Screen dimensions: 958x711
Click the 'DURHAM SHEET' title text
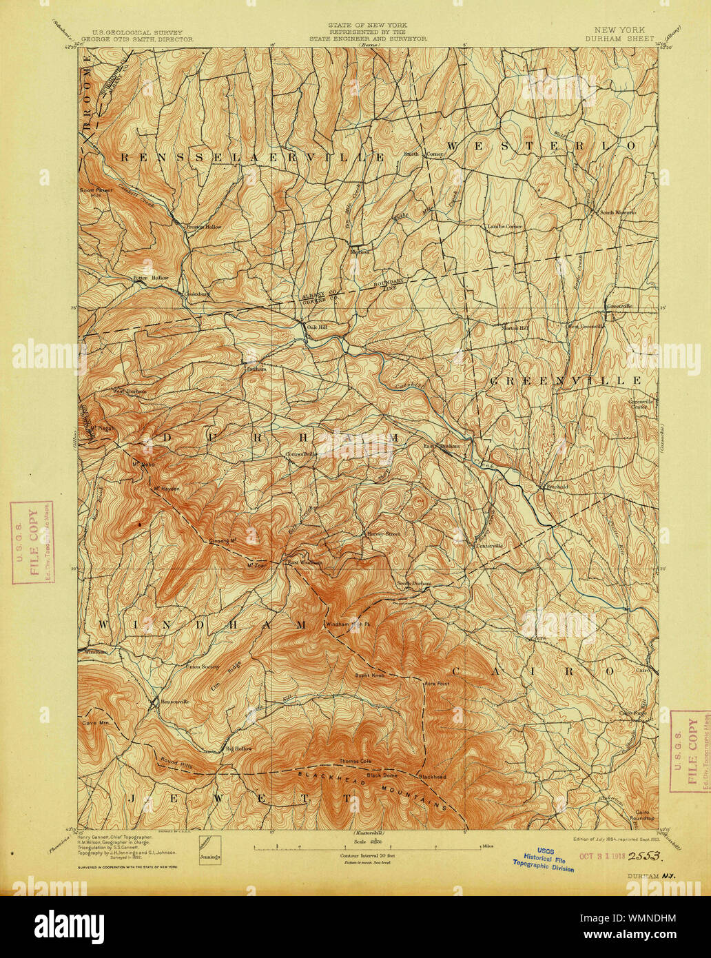click(617, 40)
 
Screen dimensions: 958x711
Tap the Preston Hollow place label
click(201, 227)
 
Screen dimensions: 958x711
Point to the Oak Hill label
click(317, 327)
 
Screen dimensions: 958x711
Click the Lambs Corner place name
click(505, 226)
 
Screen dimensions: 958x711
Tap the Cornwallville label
click(302, 454)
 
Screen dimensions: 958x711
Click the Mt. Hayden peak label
click(166, 489)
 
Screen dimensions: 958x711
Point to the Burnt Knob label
click(369, 675)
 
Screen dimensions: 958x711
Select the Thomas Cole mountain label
click(355, 762)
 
